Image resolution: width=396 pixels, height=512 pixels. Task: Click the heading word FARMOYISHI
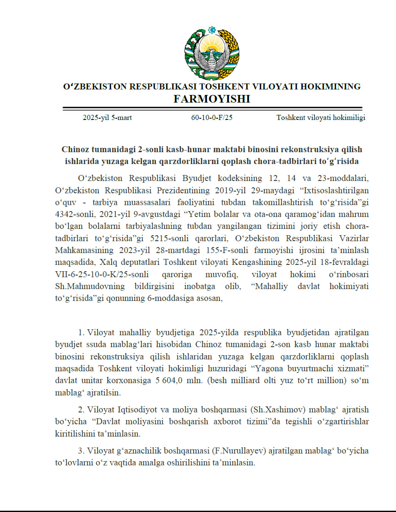212,99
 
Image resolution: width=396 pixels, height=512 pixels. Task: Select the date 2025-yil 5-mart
107,118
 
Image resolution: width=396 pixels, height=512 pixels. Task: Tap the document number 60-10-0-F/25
212,118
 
